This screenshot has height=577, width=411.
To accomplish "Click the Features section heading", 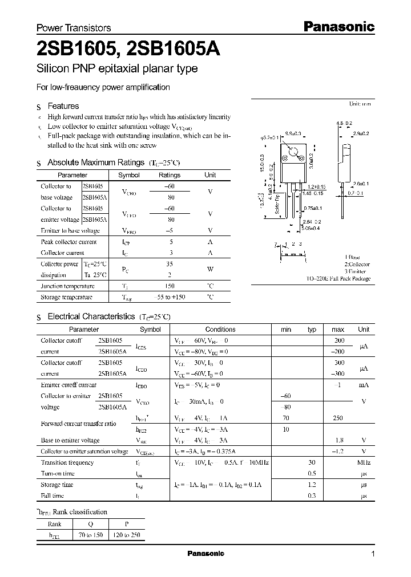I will pos(63,106).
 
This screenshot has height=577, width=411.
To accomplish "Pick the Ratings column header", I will pos(169,175).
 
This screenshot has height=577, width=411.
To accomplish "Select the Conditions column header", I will pos(220,329).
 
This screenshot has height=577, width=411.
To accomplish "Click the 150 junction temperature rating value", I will pos(169,286).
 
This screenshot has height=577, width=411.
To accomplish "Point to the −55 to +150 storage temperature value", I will pos(169,298).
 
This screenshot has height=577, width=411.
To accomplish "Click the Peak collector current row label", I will pos(69,242).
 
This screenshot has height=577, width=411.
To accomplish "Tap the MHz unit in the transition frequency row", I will pos(363,462).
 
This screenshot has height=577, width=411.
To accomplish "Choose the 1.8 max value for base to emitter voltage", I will pos(338,440).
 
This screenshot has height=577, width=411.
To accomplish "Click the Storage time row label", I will pos(57,485).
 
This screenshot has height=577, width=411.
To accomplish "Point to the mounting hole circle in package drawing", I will pos(293,153).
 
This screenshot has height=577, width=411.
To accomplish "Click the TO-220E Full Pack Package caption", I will pos(338,279).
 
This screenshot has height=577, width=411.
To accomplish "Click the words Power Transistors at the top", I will pos(74,27).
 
